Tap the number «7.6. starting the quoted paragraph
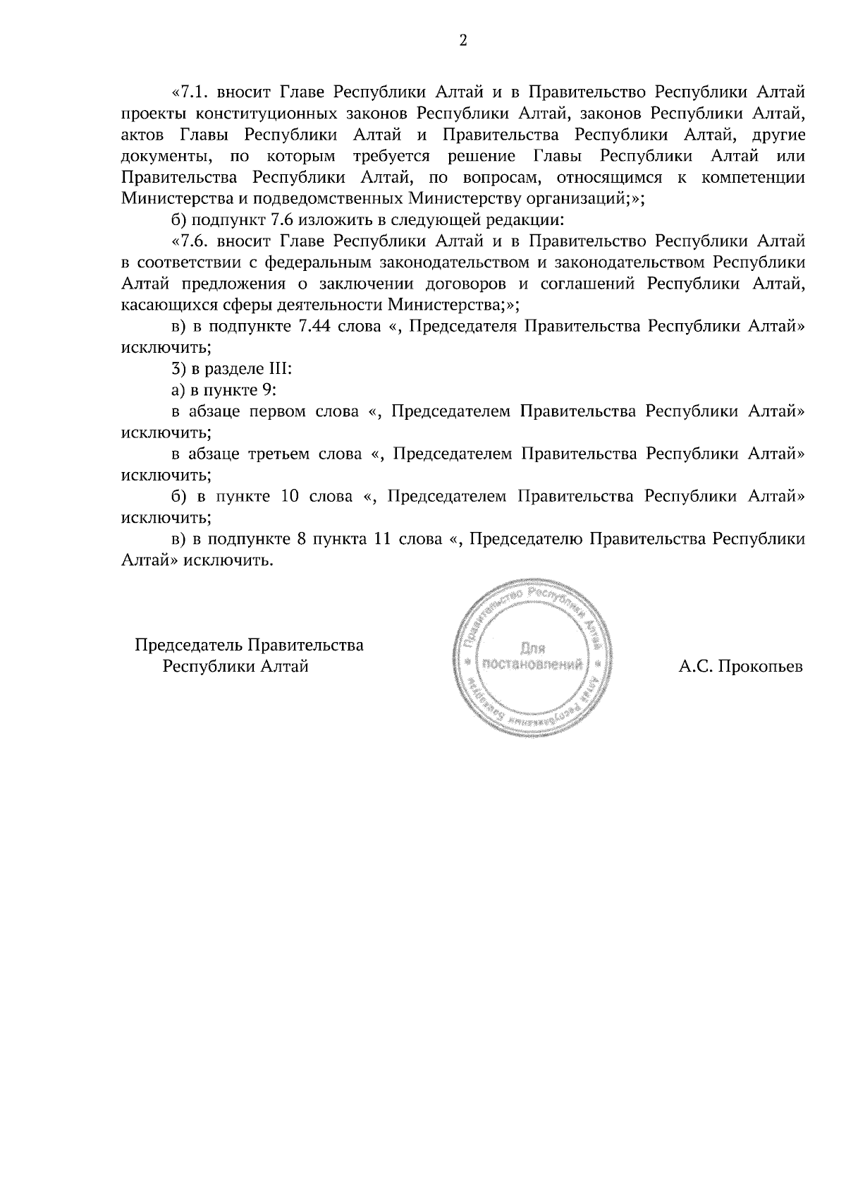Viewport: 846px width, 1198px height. click(x=191, y=241)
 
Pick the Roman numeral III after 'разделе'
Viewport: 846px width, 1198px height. click(x=279, y=369)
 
